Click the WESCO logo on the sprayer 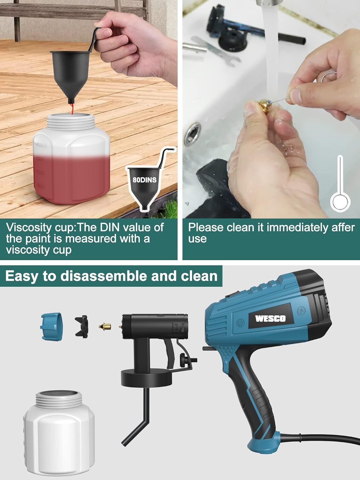pyautogui.click(x=270, y=319)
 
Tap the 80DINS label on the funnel pyautogui.click(x=145, y=180)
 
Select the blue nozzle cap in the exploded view pyautogui.click(x=52, y=327)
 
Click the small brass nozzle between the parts pyautogui.click(x=105, y=327)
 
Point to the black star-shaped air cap pyautogui.click(x=82, y=327)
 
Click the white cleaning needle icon pyautogui.click(x=340, y=183)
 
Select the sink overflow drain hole pyautogui.click(x=192, y=134)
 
